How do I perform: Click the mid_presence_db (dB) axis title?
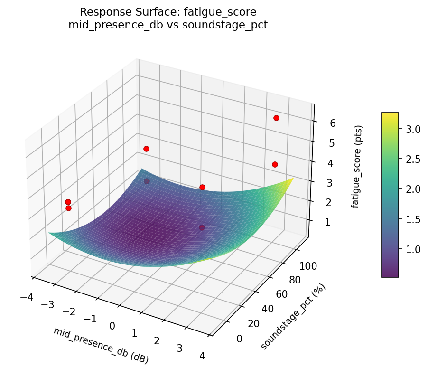101,345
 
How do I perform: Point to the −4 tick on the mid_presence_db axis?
27,298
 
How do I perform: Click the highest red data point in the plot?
276,118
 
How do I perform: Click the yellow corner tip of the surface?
293,179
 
